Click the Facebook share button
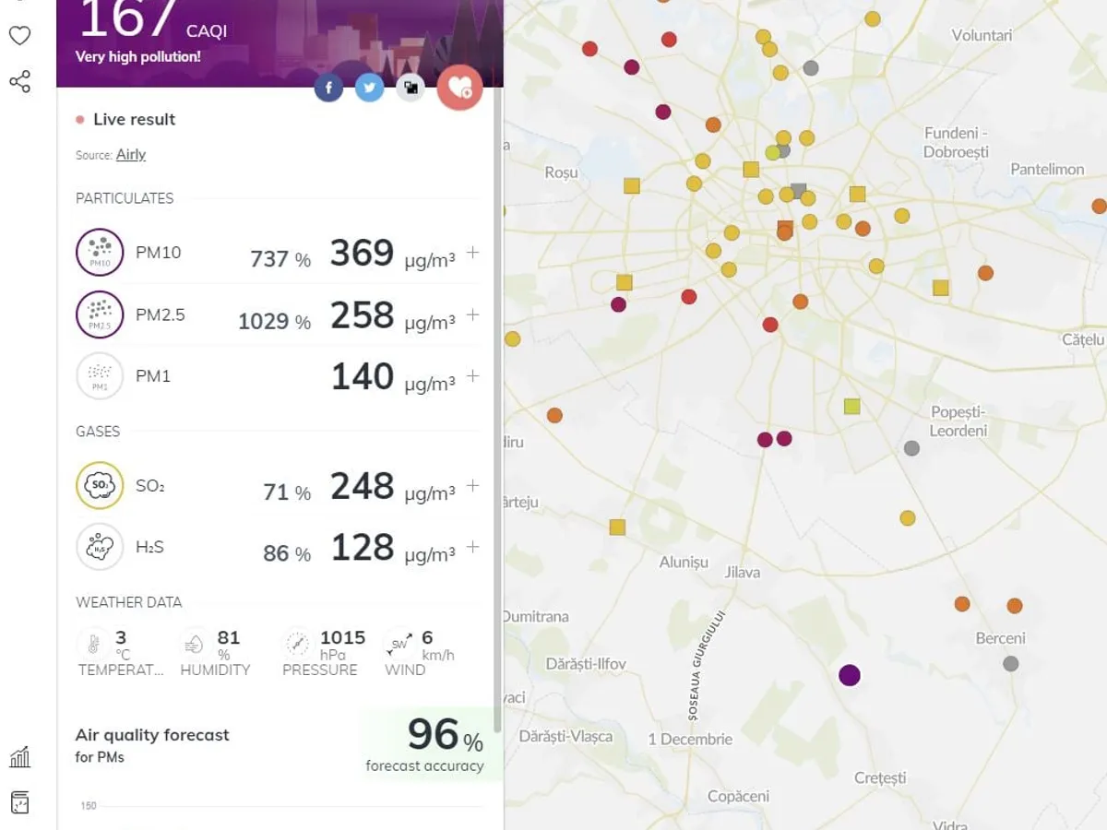click(x=328, y=88)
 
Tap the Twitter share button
click(x=369, y=88)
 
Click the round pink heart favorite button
click(x=459, y=88)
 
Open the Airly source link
click(x=131, y=155)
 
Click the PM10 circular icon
click(x=100, y=252)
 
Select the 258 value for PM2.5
click(x=362, y=314)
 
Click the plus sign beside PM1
click(x=473, y=376)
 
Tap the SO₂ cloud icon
click(x=100, y=485)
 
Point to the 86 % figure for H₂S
click(x=287, y=553)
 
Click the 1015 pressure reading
click(x=342, y=637)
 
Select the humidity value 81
click(x=228, y=637)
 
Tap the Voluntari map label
click(x=982, y=35)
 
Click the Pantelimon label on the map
click(x=1047, y=169)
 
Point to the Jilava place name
click(x=743, y=572)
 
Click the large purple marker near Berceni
click(x=850, y=675)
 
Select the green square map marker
click(x=851, y=406)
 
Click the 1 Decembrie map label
click(x=690, y=739)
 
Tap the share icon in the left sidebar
click(x=19, y=82)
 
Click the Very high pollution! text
click(x=137, y=56)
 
